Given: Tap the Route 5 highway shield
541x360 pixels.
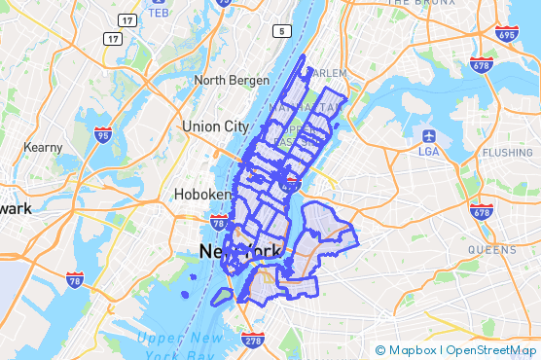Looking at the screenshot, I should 283,32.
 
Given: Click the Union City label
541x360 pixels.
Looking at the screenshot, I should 215,126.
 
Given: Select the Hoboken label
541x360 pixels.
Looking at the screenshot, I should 201,194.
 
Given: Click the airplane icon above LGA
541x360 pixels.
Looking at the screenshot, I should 428,134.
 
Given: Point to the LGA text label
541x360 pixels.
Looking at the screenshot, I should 428,151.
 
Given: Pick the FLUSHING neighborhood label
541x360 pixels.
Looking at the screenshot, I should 507,153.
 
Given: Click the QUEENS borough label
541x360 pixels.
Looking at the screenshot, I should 491,249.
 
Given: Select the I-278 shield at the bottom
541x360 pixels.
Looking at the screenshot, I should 251,340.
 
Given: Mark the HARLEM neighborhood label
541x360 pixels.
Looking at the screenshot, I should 328,73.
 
